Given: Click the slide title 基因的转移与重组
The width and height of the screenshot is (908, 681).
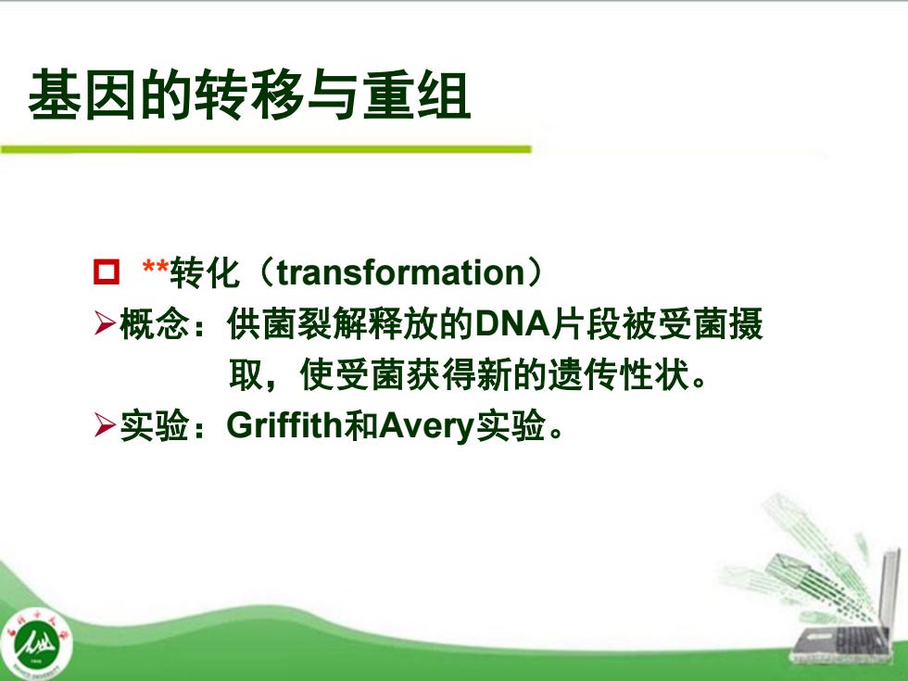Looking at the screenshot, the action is pyautogui.click(x=249, y=95).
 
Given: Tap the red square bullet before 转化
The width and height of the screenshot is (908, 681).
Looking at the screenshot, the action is pyautogui.click(x=106, y=271).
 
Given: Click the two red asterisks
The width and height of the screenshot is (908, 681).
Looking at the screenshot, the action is pyautogui.click(x=156, y=268).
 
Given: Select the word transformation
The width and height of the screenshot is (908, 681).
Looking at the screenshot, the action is pyautogui.click(x=400, y=272).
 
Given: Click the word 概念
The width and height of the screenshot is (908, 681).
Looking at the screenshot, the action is pyautogui.click(x=155, y=323).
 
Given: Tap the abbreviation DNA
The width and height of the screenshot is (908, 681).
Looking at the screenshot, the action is pyautogui.click(x=511, y=323).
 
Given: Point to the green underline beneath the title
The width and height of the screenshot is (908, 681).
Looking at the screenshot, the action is pyautogui.click(x=266, y=149).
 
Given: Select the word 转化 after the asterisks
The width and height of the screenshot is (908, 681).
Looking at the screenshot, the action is pyautogui.click(x=205, y=272).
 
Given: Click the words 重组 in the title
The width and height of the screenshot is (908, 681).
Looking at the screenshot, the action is pyautogui.click(x=416, y=95).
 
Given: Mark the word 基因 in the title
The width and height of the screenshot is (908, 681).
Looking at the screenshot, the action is pyautogui.click(x=82, y=95).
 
